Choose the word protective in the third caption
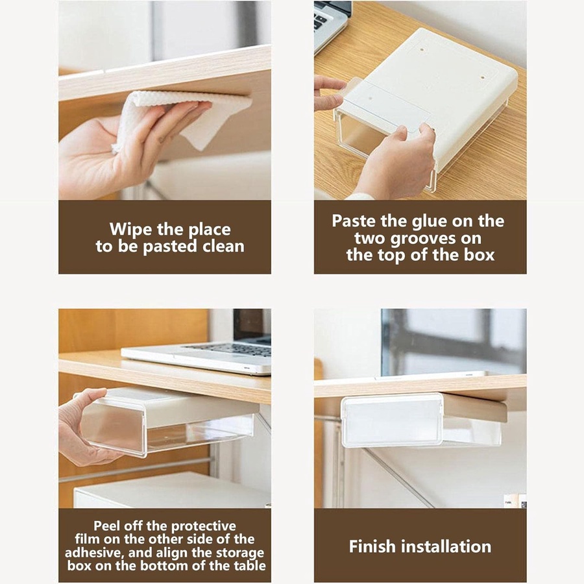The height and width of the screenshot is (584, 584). point(203,527)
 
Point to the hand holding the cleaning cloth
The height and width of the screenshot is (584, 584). point(123,145)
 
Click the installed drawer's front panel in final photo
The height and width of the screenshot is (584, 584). point(392,420)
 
